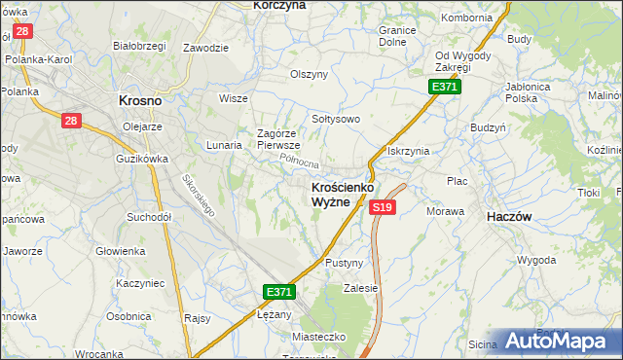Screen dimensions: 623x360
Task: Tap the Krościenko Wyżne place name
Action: coord(330,194)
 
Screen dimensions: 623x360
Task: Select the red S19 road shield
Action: coord(383,207)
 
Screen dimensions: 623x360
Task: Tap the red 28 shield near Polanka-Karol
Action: coord(22,31)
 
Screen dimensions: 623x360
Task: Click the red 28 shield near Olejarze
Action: coord(71,121)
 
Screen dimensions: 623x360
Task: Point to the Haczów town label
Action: coord(508,218)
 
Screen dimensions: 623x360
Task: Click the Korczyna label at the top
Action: coord(279,6)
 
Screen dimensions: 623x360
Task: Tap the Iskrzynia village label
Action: coord(408,151)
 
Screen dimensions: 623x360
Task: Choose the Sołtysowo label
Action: coord(336,119)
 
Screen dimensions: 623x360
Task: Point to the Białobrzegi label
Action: coord(136,45)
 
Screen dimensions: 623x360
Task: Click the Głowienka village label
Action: coord(120,250)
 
